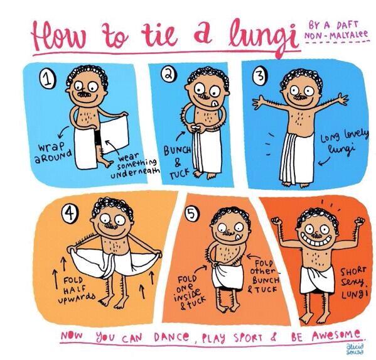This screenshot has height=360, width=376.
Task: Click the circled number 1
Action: [x=48, y=80]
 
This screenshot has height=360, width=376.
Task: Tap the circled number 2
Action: [x=168, y=74]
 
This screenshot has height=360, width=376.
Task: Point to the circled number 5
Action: [x=191, y=214]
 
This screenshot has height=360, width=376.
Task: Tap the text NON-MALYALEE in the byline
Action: [x=336, y=35]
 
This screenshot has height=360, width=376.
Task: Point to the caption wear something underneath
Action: [x=135, y=166]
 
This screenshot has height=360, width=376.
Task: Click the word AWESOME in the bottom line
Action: [x=336, y=335]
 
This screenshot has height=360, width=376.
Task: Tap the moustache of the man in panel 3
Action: [x=301, y=97]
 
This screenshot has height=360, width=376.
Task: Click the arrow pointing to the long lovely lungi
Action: [x=325, y=161]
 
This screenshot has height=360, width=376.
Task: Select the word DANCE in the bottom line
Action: [x=173, y=337]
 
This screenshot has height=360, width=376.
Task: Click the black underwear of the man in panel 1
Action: [x=97, y=138]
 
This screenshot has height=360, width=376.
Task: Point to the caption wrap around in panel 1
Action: [x=53, y=152]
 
